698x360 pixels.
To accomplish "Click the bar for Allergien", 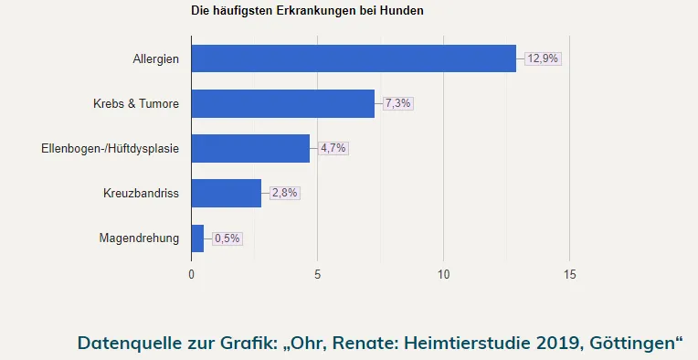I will click(354, 58).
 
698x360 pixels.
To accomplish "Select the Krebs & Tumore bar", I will click(283, 103).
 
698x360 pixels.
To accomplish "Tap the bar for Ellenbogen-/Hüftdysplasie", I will click(250, 148).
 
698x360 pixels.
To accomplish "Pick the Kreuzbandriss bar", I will click(227, 193).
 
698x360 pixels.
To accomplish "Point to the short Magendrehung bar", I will click(197, 238).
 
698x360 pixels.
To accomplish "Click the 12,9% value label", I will click(543, 58).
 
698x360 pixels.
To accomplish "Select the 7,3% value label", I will click(397, 103).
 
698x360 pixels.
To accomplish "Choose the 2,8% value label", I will click(284, 193).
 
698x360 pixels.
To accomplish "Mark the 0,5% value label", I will click(227, 238).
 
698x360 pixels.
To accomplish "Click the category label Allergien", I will click(155, 59).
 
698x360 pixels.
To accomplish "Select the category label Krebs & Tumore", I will click(136, 104).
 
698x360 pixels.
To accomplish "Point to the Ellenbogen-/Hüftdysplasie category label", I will click(111, 149).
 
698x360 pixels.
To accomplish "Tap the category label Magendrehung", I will click(139, 239).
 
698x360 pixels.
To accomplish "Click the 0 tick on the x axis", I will click(191, 274).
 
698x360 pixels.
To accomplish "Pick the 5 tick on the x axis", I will click(317, 274).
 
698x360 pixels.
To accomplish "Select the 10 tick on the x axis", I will click(443, 274).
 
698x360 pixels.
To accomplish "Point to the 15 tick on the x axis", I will click(569, 274).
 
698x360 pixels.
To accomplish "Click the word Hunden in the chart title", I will click(402, 11).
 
